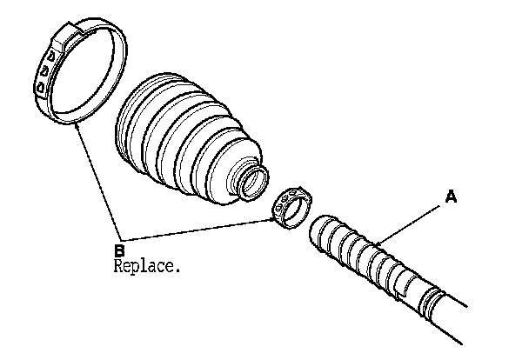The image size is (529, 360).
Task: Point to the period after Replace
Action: pyautogui.click(x=179, y=269)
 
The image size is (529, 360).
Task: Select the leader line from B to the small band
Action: pyautogui.click(x=200, y=230)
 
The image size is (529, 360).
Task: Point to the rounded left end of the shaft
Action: pyautogui.click(x=317, y=230)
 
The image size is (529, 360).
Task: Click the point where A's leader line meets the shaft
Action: pyautogui.click(x=379, y=246)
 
